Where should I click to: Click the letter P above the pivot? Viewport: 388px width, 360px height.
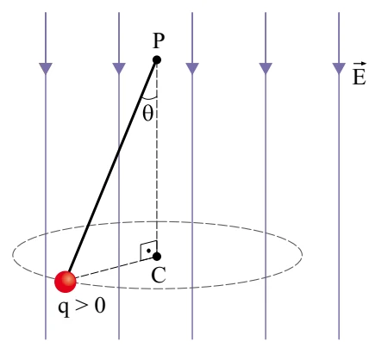tap(159, 40)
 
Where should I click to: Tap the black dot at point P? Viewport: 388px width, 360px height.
tap(157, 60)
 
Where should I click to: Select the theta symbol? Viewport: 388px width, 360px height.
tap(147, 114)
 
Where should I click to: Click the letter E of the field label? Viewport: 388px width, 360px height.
tap(360, 77)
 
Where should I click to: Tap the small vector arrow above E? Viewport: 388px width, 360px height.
tap(360, 64)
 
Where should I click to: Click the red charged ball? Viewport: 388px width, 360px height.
tap(66, 282)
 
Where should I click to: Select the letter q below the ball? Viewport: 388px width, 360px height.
tap(64, 308)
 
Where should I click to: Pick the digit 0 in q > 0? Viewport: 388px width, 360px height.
tap(100, 305)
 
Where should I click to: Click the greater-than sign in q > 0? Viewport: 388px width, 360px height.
tap(82, 306)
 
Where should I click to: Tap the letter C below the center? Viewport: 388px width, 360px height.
tap(159, 275)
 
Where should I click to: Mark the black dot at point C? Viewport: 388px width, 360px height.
tap(157, 257)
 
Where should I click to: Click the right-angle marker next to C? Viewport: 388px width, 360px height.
tap(148, 251)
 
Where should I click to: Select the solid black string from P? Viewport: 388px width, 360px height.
tap(112, 167)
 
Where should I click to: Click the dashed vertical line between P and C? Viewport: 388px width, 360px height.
tap(157, 158)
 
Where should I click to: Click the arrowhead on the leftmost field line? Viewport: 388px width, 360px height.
tap(46, 68)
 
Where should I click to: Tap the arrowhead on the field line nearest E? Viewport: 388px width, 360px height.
tap(339, 68)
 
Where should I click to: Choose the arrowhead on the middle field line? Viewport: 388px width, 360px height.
tap(192, 68)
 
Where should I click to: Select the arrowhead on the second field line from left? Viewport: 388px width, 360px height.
tap(119, 68)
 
